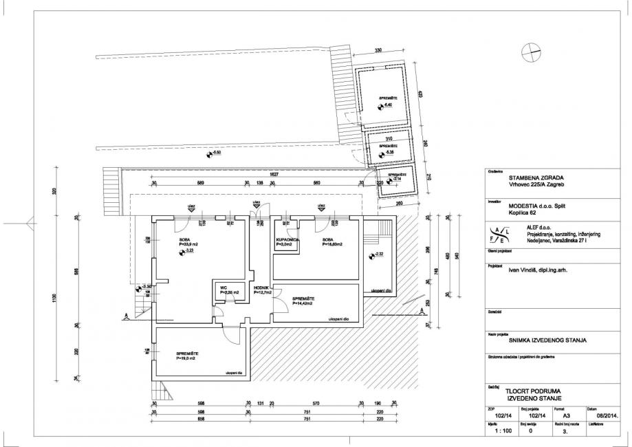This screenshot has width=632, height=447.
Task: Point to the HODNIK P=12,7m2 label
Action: tap(262, 290)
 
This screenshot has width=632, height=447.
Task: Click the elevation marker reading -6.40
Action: tap(388, 106)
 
